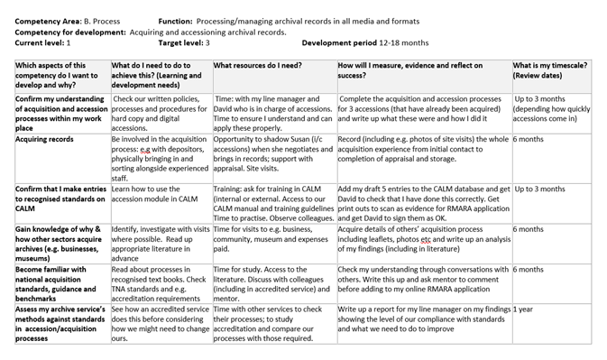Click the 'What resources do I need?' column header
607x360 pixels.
[256, 65]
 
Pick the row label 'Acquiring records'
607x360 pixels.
[45, 140]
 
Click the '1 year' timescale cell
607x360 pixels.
[525, 309]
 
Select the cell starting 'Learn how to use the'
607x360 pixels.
[158, 194]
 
